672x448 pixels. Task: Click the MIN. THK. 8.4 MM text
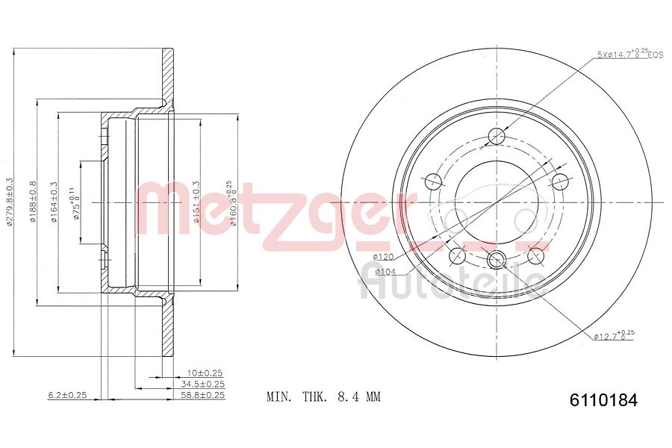[x=323, y=396]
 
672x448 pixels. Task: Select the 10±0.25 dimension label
[x=205, y=373]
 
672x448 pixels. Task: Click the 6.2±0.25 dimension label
[x=68, y=395]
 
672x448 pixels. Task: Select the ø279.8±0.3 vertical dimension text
[x=10, y=203]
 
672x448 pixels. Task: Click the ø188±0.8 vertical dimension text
[x=32, y=202]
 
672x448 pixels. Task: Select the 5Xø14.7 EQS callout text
[x=629, y=55]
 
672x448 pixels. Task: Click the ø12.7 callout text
[x=614, y=336]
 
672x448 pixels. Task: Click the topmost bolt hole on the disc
[x=497, y=136]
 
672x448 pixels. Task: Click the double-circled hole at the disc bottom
[x=496, y=259]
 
